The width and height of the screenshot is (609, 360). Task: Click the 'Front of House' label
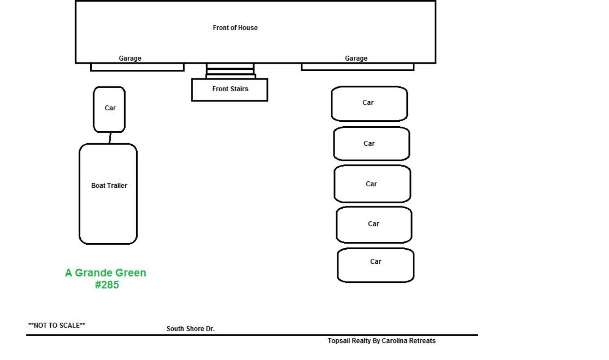click(x=235, y=27)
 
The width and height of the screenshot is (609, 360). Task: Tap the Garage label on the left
click(x=130, y=58)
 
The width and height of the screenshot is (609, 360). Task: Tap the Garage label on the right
click(x=356, y=58)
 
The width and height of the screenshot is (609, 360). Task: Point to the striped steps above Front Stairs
click(x=230, y=71)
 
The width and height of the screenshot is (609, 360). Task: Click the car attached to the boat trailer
click(x=109, y=109)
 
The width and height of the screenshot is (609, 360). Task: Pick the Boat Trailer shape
click(x=108, y=194)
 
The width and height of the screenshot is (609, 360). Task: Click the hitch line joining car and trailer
click(x=110, y=138)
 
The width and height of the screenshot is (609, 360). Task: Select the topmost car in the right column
click(x=370, y=104)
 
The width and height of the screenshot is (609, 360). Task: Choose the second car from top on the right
click(x=371, y=144)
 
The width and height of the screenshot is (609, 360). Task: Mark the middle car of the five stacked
click(x=372, y=184)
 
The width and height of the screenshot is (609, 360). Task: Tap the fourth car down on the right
click(x=374, y=225)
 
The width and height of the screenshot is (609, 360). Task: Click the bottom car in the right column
click(x=376, y=265)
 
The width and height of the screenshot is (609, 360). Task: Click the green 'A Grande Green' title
click(x=106, y=273)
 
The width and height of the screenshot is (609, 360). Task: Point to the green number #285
click(x=107, y=285)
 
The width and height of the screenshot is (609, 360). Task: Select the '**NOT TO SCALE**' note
click(x=57, y=326)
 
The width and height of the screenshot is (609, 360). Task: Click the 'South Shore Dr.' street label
click(x=191, y=328)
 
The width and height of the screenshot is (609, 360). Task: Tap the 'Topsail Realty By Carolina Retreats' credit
click(x=382, y=341)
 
